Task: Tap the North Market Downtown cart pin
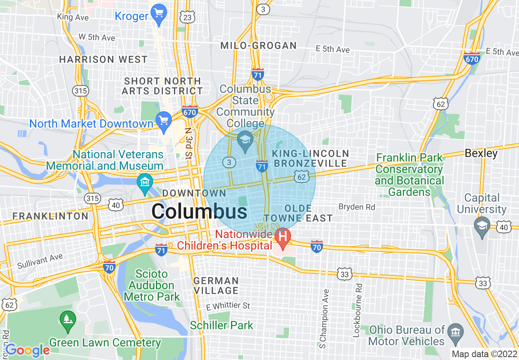point(164,122)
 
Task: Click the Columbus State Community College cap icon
point(246,140)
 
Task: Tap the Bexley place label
point(481,153)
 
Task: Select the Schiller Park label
point(221,326)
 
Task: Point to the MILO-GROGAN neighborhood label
point(258,45)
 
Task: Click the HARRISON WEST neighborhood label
point(103,59)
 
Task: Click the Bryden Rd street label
point(357,207)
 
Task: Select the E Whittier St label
point(228,306)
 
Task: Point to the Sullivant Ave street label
point(40,261)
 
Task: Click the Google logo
point(27,350)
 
